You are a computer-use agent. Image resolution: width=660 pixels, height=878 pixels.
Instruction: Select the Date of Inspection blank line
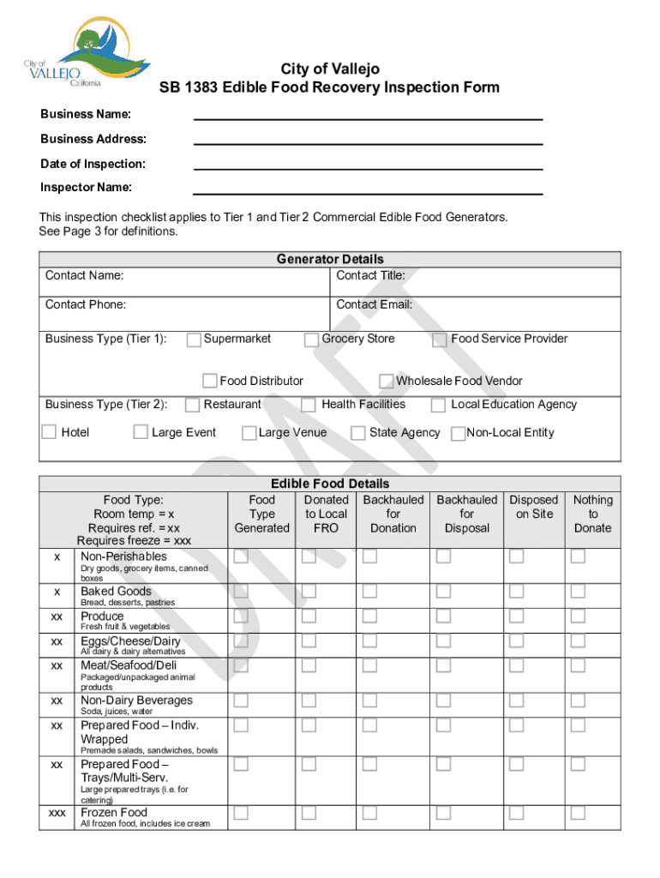(368, 165)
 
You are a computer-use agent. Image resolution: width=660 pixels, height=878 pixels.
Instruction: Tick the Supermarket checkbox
(194, 340)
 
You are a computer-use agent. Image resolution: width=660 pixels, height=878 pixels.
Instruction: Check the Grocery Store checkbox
(311, 340)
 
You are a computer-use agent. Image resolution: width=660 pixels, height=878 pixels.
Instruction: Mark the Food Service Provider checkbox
(440, 340)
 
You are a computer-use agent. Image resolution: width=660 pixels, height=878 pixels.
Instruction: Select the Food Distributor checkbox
(210, 381)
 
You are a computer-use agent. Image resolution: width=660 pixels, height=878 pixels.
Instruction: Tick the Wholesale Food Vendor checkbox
(387, 381)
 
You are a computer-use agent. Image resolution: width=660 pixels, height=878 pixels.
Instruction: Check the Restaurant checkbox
(194, 405)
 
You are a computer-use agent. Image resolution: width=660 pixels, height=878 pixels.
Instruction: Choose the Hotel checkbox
(50, 432)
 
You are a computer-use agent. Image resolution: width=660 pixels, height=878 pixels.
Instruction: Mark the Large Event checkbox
(141, 432)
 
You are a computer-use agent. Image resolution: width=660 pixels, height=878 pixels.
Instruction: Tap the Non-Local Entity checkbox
(459, 433)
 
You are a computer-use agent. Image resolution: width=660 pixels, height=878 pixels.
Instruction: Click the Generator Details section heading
(330, 259)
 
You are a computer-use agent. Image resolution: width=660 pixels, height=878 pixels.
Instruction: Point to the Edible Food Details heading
(330, 484)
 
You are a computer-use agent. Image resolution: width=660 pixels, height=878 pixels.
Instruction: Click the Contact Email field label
(374, 304)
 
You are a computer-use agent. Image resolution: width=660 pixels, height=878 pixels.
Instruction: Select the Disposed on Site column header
(533, 507)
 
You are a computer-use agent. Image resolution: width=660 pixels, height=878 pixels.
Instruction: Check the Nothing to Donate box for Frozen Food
(579, 812)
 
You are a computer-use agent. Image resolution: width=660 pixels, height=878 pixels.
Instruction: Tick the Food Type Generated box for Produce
(242, 616)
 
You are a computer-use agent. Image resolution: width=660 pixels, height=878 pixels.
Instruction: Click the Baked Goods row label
(116, 592)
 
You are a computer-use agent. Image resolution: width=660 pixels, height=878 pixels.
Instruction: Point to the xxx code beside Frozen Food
(57, 813)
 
